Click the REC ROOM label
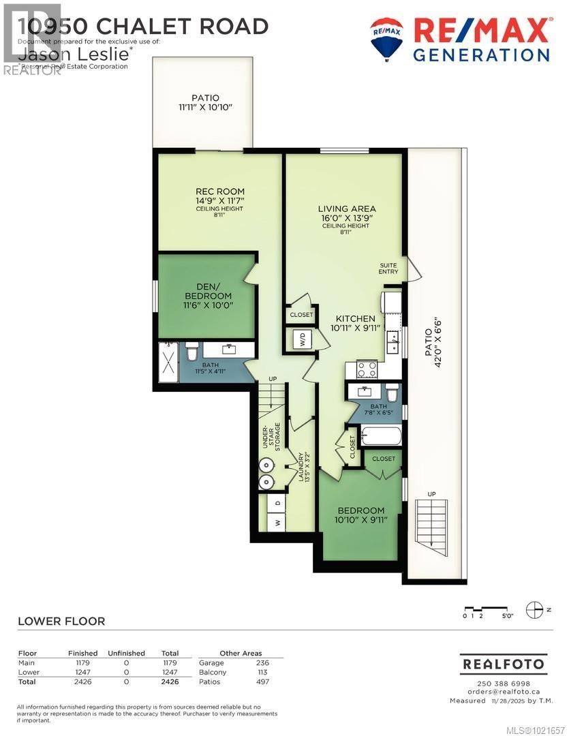coord(219,191)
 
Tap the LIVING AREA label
coord(347,209)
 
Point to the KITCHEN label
coord(354,318)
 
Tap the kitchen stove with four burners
coord(367,369)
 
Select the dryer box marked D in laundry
coord(277,503)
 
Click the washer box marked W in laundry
coord(277,523)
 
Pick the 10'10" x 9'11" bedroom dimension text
coord(361,520)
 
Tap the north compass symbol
coord(535,609)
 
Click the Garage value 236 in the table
coord(262,662)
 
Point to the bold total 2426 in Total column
coord(169,681)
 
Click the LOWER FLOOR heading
coord(61,622)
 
